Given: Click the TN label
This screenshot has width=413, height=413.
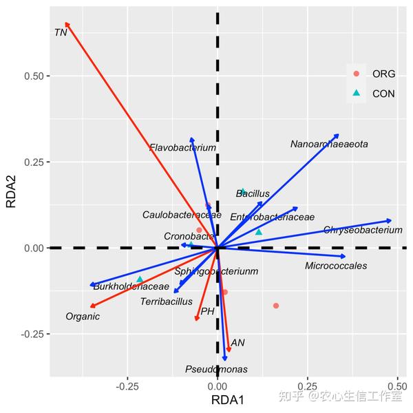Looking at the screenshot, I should [61, 32].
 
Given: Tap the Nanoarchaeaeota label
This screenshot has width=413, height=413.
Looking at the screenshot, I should [329, 145].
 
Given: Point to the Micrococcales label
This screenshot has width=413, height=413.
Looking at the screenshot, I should [336, 266].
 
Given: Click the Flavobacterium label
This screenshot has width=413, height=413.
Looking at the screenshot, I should [182, 148].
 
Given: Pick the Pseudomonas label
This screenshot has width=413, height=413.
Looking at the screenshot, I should [216, 370].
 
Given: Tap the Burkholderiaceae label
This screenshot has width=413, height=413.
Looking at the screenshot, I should [131, 286].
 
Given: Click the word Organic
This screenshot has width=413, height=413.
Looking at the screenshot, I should [83, 317].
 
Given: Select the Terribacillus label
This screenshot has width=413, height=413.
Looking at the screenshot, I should [166, 301].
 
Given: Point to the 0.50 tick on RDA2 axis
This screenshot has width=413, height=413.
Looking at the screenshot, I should [34, 76].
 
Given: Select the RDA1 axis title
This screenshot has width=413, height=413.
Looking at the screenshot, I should [227, 401].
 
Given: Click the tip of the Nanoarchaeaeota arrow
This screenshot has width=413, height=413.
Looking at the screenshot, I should [338, 135].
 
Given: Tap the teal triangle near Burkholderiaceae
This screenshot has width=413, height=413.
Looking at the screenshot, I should [140, 279].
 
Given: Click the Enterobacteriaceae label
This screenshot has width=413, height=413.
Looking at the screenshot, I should [272, 217].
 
